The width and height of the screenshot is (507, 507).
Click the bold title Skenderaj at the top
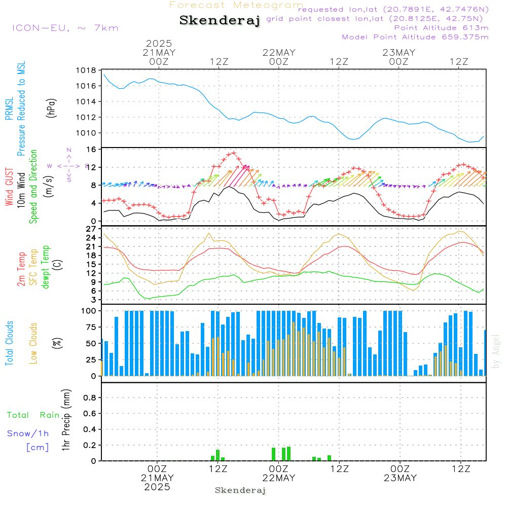point(220,21)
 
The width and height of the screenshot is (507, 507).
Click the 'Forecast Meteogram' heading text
point(236,5)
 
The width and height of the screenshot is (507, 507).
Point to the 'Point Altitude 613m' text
point(441,28)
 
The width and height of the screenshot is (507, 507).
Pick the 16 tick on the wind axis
point(91,150)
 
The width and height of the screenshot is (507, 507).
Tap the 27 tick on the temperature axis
point(91,229)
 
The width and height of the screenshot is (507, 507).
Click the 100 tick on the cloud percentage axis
point(89,311)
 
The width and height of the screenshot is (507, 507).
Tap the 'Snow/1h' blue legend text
point(28,434)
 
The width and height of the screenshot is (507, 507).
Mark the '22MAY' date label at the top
point(279,53)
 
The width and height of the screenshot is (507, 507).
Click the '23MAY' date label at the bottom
point(400,478)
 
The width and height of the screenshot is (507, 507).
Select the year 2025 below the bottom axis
point(157,487)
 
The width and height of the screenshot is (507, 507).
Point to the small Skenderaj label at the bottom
point(240,490)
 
